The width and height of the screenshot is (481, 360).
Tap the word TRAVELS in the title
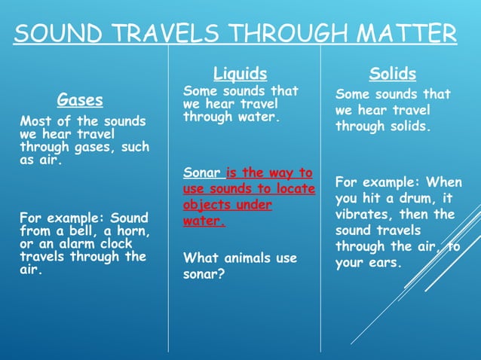[161, 34]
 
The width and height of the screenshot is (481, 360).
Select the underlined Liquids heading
[240, 73]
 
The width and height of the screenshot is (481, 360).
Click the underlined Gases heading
[80, 99]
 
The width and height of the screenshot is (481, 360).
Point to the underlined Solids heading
[392, 73]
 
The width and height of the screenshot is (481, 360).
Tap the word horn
[131, 231]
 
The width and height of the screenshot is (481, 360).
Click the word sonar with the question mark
[201, 275]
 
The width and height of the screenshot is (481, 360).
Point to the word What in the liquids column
[200, 258]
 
